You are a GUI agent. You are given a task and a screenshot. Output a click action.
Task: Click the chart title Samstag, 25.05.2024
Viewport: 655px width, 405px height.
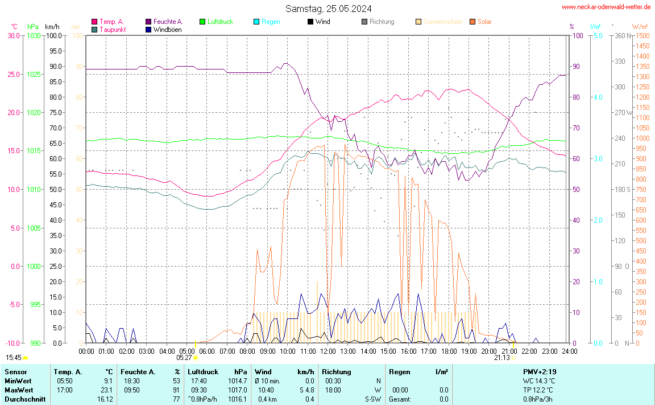[329, 9]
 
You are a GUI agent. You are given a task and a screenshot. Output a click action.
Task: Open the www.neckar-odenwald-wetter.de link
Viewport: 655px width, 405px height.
[606, 7]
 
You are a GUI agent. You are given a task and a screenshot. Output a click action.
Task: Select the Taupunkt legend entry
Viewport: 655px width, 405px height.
[113, 29]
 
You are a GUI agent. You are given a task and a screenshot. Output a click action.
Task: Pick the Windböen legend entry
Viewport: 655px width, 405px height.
[167, 29]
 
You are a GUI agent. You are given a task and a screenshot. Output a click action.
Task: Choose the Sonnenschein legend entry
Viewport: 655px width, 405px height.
[442, 22]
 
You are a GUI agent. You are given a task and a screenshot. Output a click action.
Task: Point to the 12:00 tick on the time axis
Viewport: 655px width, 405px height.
[328, 351]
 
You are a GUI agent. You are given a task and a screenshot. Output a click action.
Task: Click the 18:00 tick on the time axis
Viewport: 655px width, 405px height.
[449, 351]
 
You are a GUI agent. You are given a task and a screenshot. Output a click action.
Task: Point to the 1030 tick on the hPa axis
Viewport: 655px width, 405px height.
[34, 35]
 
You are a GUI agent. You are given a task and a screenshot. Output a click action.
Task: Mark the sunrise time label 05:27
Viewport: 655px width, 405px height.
[184, 358]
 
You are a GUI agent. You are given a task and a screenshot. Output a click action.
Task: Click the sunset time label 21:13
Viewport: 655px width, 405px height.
[502, 358]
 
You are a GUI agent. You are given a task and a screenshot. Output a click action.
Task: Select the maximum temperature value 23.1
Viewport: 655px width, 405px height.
[107, 390]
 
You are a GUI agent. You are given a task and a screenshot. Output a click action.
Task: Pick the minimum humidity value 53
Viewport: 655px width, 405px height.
[176, 381]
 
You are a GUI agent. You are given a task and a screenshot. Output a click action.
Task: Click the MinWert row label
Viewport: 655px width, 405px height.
[18, 381]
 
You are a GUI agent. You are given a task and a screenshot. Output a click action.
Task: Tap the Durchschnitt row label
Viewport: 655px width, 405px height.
[25, 399]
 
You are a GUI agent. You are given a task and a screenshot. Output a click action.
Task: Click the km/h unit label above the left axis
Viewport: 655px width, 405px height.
[52, 27]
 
